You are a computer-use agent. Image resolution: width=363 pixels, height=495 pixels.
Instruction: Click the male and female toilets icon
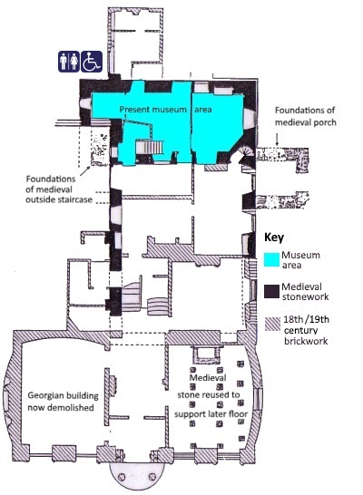(x=69, y=62)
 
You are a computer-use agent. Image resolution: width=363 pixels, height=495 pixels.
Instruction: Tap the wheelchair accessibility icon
(x=92, y=62)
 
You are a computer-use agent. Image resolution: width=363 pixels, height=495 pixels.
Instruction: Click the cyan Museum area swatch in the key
(x=271, y=259)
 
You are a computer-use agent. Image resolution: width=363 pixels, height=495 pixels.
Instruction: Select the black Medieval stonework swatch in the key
(x=271, y=291)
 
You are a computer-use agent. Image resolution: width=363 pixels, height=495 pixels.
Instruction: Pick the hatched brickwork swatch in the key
(x=272, y=324)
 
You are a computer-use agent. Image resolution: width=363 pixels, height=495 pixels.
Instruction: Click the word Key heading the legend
(x=274, y=238)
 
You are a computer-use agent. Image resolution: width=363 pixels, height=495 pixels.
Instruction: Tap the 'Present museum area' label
(x=165, y=110)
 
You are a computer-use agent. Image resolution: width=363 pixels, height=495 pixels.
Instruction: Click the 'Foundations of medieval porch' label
(x=305, y=116)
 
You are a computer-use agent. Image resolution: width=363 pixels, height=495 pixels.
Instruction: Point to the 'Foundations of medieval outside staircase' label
(x=59, y=189)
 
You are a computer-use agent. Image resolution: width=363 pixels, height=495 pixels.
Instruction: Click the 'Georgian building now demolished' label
(x=63, y=402)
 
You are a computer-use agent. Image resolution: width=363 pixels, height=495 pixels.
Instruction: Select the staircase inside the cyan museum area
(x=150, y=147)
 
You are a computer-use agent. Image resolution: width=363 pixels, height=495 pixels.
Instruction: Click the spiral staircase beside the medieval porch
(x=247, y=155)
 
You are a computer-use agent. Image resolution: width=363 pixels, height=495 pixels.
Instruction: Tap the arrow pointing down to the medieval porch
(x=277, y=139)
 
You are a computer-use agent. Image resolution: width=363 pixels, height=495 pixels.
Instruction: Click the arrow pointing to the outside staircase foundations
(x=85, y=170)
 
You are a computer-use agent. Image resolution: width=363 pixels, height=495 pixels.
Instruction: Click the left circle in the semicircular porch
(x=121, y=476)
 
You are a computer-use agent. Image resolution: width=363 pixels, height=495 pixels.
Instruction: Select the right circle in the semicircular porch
(x=152, y=476)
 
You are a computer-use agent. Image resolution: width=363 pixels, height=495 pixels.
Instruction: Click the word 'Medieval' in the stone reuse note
(x=208, y=377)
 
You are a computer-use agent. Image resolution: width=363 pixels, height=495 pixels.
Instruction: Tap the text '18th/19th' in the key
(x=306, y=319)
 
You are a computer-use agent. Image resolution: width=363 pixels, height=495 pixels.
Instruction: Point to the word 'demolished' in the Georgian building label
(x=74, y=407)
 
